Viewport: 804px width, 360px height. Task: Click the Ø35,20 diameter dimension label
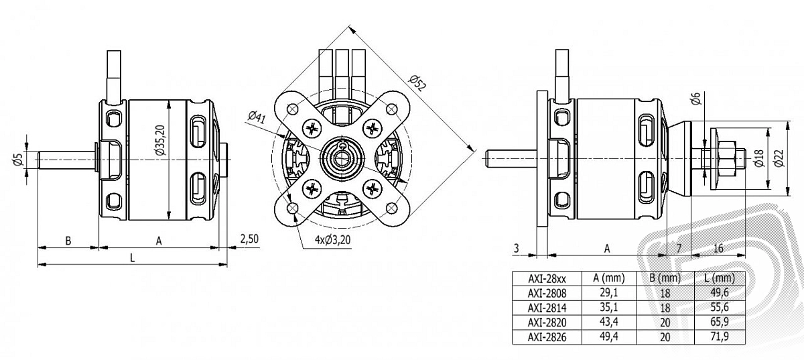159,141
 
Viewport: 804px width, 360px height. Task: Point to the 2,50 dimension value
249,239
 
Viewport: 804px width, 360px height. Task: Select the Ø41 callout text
255,118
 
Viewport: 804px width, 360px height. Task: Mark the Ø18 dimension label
759,158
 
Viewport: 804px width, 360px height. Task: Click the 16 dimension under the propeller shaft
718,247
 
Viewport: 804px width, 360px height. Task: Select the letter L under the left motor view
133,258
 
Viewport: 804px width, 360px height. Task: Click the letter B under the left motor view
68,241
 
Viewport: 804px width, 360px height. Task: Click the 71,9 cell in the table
720,337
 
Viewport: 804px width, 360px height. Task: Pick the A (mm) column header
609,278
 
